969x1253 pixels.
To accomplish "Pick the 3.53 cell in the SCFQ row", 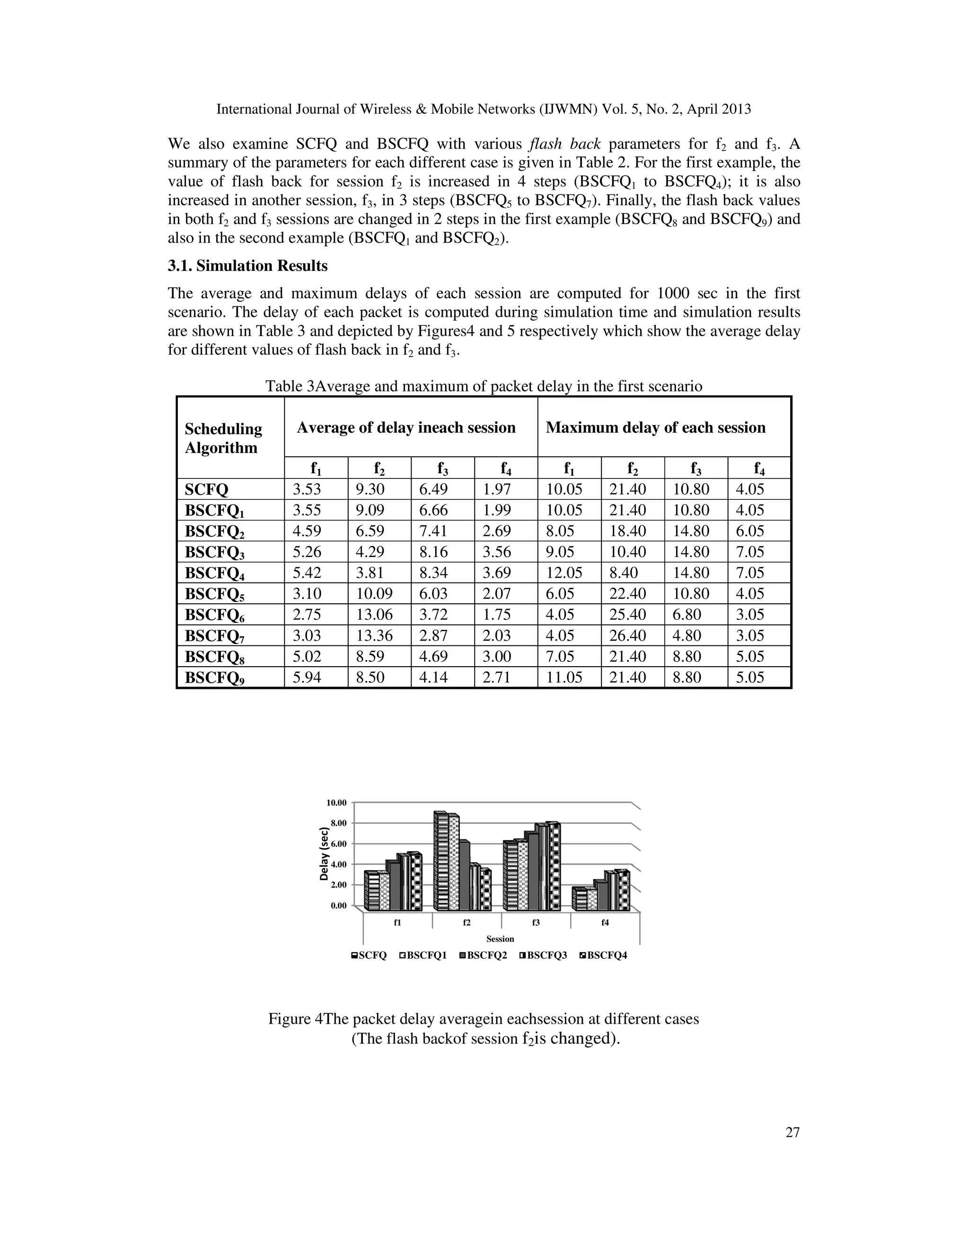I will pyautogui.click(x=307, y=489).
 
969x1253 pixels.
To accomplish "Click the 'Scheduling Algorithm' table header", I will pyautogui.click(x=223, y=438).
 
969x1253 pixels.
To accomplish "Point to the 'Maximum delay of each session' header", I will pyautogui.click(x=656, y=427).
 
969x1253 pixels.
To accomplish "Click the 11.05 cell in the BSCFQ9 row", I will pyautogui.click(x=564, y=678).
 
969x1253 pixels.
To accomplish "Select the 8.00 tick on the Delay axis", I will pyautogui.click(x=339, y=823).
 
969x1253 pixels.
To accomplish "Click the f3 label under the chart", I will pyautogui.click(x=536, y=922).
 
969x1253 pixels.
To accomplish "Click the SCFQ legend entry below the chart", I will pyautogui.click(x=369, y=955).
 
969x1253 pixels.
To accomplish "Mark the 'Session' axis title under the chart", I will pyautogui.click(x=500, y=939).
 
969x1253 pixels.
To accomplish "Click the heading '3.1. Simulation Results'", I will pyautogui.click(x=247, y=266).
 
